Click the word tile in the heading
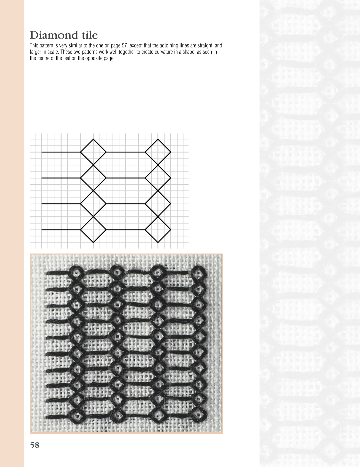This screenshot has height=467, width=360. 88,35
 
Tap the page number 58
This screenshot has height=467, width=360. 35,445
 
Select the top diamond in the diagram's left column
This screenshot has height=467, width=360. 93,152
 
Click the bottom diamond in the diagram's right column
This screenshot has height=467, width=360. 158,229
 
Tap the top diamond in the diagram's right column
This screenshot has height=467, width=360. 158,152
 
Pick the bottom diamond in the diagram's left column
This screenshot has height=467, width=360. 93,229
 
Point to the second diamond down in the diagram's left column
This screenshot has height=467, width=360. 93,178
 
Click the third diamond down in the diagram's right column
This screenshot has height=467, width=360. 158,203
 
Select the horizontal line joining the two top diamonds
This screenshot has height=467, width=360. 126,152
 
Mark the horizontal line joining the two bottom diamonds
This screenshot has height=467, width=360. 126,229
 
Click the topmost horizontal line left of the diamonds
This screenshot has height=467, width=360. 61,152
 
